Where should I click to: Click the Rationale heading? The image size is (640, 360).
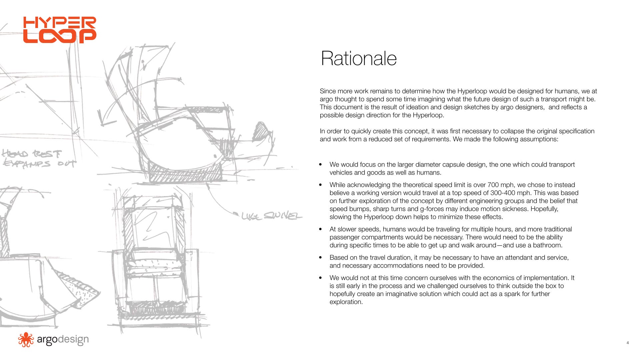[359, 58]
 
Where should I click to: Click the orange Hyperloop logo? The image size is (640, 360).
[60, 30]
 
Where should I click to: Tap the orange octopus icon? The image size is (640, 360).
[26, 340]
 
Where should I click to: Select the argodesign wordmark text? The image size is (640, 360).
[63, 339]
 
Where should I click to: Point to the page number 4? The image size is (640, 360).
[628, 343]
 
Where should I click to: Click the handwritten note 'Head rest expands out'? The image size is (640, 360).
[38, 159]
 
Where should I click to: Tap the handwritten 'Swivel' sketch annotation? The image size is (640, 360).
[283, 216]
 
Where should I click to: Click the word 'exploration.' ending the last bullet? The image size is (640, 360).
[346, 302]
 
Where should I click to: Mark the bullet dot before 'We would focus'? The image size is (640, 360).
[321, 164]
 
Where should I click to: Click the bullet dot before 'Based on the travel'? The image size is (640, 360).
[321, 257]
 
